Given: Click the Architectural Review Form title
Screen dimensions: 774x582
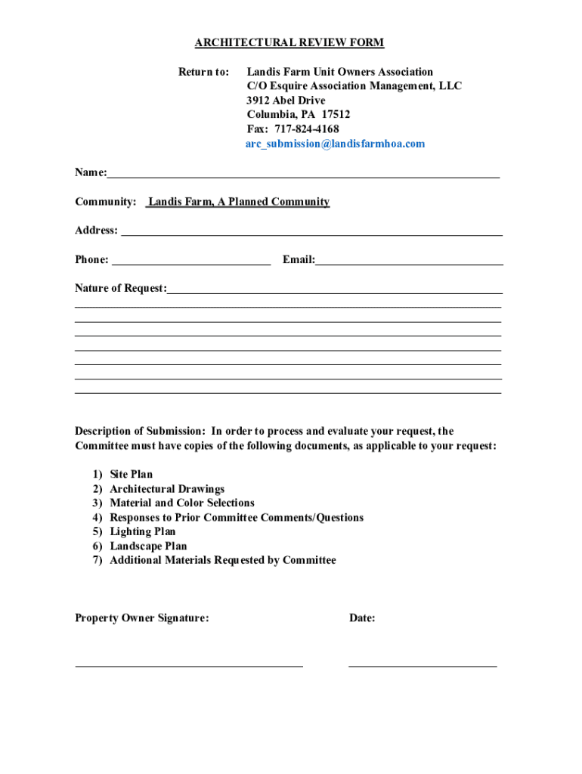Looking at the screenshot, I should [x=289, y=43].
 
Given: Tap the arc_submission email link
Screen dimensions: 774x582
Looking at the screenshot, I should [x=335, y=144].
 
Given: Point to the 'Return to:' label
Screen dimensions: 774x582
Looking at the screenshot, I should [x=203, y=73].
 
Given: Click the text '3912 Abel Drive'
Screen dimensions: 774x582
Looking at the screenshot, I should [x=286, y=101].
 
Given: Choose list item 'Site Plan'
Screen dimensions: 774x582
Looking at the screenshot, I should [x=131, y=475].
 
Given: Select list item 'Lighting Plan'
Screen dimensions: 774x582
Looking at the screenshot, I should [x=143, y=532].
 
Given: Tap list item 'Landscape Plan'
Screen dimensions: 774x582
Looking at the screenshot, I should [x=148, y=546].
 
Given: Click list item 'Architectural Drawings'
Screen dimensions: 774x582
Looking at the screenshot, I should [x=167, y=489].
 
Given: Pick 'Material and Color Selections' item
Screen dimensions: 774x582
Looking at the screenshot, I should [x=182, y=503].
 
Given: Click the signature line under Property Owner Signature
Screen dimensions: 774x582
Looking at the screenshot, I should [x=189, y=664].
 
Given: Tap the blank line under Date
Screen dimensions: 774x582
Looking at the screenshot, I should [x=423, y=664].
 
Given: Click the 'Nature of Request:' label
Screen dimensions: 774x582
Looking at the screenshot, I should [x=121, y=289].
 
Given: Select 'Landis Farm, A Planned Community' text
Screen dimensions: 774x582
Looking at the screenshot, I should [x=239, y=202].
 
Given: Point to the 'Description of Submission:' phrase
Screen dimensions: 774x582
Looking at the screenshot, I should [x=140, y=432].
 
